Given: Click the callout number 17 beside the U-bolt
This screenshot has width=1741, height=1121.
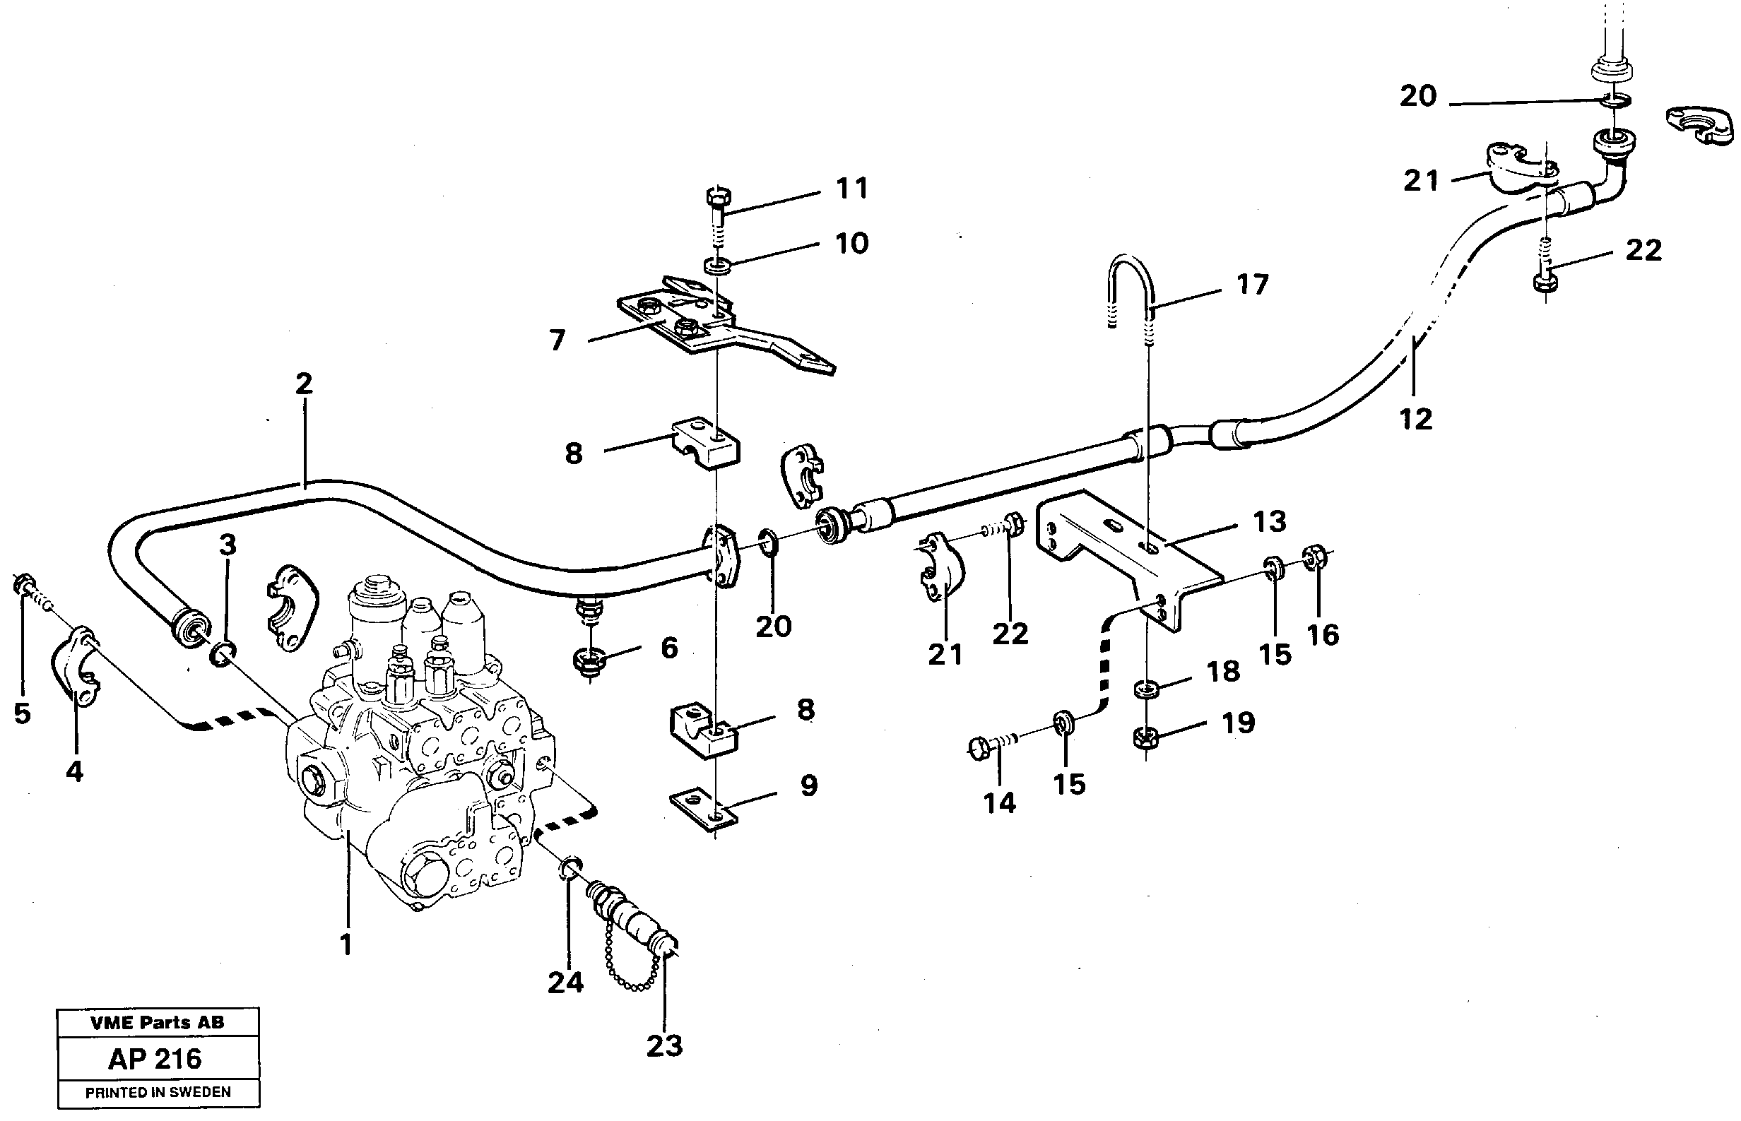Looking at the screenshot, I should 1253,284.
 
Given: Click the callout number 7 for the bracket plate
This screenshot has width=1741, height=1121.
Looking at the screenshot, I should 557,340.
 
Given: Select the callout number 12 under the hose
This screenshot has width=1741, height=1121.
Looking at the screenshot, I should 1415,420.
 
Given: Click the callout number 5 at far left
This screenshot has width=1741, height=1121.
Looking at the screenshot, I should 23,713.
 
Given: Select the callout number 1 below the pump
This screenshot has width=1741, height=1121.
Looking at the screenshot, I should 346,945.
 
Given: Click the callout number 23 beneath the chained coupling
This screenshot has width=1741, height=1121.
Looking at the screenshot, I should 664,1046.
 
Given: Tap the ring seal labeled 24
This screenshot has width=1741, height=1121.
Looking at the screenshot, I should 571,867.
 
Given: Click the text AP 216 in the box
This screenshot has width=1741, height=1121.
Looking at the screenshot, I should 155,1057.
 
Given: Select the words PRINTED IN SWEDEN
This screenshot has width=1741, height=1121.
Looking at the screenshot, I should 158,1093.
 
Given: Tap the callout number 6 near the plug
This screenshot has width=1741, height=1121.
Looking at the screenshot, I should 669,648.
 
